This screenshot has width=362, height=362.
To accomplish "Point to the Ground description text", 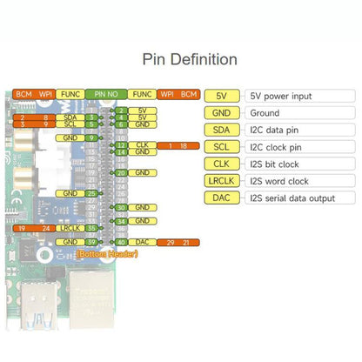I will pyautogui.click(x=265, y=111).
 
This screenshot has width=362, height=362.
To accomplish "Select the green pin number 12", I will pyautogui.click(x=121, y=145).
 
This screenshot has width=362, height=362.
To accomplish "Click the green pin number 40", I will pyautogui.click(x=121, y=241).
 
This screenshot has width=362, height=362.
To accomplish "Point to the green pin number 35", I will pyautogui.click(x=91, y=227).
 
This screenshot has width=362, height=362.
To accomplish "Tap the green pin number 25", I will pyautogui.click(x=91, y=193).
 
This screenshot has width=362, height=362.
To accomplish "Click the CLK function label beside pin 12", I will pyautogui.click(x=142, y=145).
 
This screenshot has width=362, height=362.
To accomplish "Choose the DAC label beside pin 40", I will pyautogui.click(x=142, y=241).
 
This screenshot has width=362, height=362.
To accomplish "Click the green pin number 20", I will pyautogui.click(x=121, y=173).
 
